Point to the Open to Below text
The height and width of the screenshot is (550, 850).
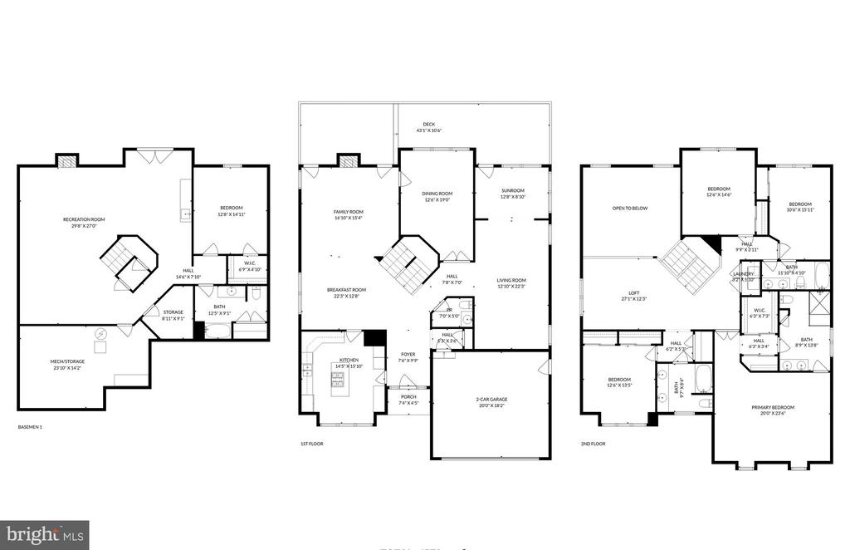(630, 209)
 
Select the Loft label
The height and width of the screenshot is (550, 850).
(633, 297)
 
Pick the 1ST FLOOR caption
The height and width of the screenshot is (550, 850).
(311, 444)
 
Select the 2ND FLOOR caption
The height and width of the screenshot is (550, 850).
(593, 444)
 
